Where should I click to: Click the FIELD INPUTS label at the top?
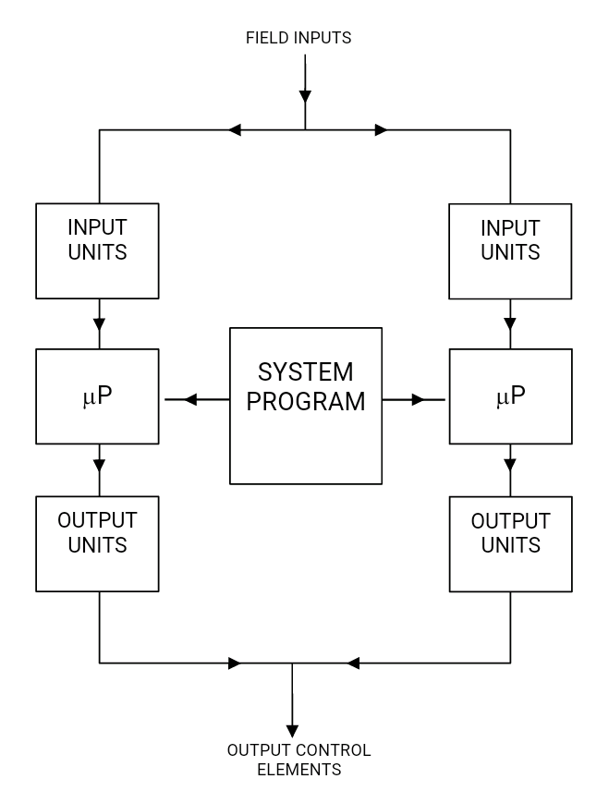click(298, 38)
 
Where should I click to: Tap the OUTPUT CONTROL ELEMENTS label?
click(298, 760)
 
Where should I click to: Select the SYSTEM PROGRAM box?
click(305, 405)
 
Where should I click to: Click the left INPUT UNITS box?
click(97, 250)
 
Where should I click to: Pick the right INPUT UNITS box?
click(510, 250)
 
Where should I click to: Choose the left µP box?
click(97, 396)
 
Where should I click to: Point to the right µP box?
click(510, 396)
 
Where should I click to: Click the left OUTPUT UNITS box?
click(97, 543)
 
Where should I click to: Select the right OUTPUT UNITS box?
click(510, 543)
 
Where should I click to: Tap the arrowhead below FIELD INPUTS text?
click(305, 96)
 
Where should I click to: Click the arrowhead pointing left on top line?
click(235, 130)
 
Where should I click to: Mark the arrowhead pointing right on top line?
click(381, 130)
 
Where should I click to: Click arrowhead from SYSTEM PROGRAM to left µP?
click(191, 399)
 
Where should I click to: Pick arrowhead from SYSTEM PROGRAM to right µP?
click(418, 399)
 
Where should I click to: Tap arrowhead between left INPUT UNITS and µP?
click(99, 324)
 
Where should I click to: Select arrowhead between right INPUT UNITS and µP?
click(510, 324)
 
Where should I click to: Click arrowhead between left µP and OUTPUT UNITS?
click(99, 464)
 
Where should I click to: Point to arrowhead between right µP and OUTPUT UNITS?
click(510, 464)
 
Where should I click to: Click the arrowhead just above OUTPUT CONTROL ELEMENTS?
click(292, 731)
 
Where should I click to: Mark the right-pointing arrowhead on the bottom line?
click(234, 663)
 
